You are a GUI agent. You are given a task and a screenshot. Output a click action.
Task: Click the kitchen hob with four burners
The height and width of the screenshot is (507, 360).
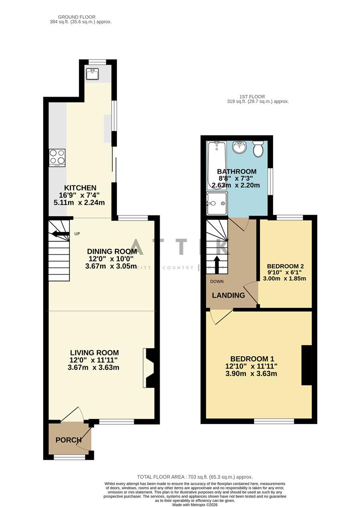tap(57, 158)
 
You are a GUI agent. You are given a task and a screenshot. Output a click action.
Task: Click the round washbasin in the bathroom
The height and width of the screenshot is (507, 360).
tap(240, 146)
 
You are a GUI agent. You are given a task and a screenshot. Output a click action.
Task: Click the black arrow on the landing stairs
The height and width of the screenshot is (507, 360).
tap(217, 264)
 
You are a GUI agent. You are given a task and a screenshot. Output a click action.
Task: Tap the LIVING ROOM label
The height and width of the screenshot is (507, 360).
tap(94, 353)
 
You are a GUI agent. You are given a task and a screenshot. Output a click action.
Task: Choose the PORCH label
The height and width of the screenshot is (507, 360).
tap(69, 440)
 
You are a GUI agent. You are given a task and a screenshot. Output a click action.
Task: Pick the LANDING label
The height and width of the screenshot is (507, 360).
tap(229, 295)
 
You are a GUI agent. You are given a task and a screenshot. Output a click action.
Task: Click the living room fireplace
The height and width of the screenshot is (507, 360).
tap(149, 368)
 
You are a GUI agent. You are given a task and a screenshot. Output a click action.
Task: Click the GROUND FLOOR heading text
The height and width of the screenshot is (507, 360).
tap(80, 17)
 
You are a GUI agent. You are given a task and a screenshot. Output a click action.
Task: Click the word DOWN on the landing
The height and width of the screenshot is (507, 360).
tap(217, 282)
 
